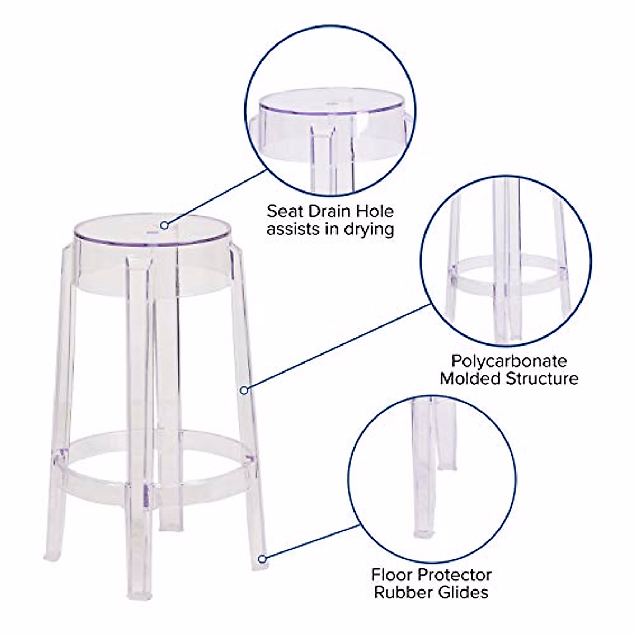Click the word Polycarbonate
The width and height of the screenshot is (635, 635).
[x=509, y=361]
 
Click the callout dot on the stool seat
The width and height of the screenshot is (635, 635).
[x=165, y=225]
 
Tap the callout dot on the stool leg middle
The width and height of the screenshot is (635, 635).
[x=244, y=391]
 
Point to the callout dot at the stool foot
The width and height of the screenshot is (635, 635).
[x=261, y=558]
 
